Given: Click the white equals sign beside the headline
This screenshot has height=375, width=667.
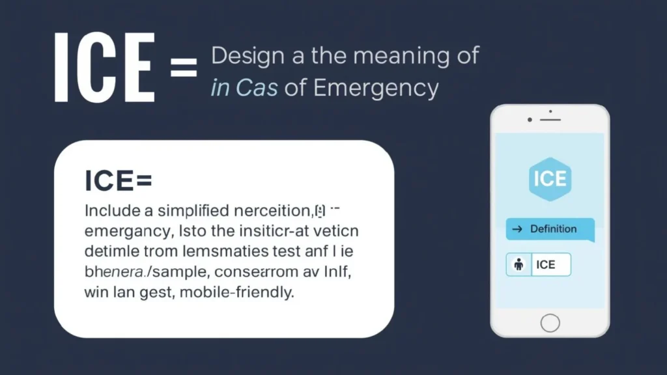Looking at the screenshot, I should [184, 68].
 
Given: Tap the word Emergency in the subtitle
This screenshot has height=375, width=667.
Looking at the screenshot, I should [376, 88].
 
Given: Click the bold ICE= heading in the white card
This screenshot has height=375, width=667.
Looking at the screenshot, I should [118, 180].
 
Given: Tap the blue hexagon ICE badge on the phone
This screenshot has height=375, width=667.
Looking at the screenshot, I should [550, 178].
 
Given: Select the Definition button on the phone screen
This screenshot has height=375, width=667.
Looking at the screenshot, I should [550, 229].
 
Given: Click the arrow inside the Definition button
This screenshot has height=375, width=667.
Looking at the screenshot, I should [517, 229].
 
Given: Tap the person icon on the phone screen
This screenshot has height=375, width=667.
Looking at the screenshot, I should [519, 264].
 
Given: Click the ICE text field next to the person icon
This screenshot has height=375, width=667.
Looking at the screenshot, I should [551, 264].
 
